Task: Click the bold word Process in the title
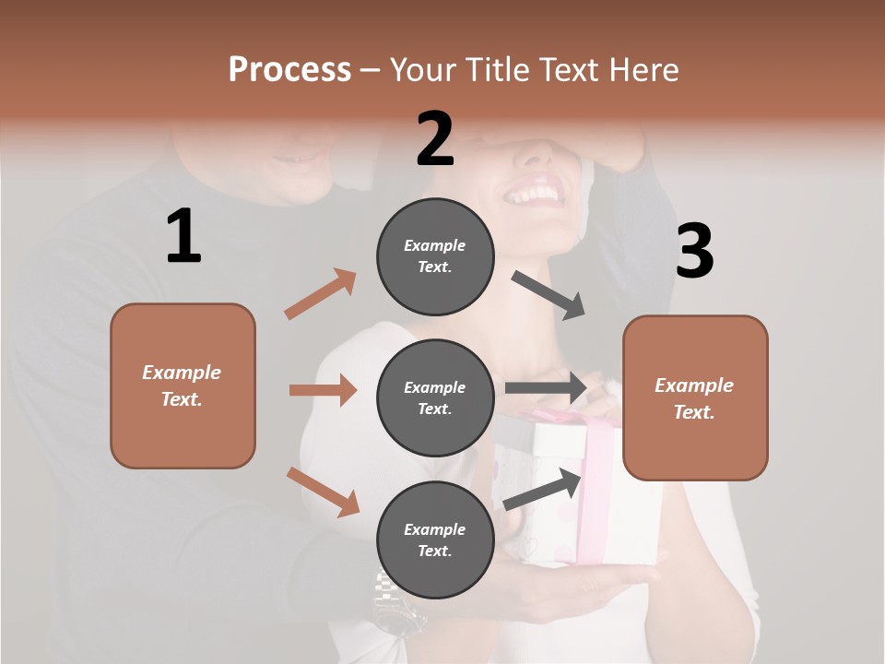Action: (289, 69)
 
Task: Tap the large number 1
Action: (183, 237)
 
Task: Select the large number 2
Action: (435, 139)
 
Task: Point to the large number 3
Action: (694, 252)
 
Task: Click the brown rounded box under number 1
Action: (183, 385)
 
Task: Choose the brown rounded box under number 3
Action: (695, 397)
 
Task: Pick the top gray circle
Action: (435, 255)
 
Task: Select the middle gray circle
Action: (435, 397)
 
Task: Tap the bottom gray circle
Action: (435, 539)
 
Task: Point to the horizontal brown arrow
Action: (323, 390)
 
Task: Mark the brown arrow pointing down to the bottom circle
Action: (323, 492)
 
